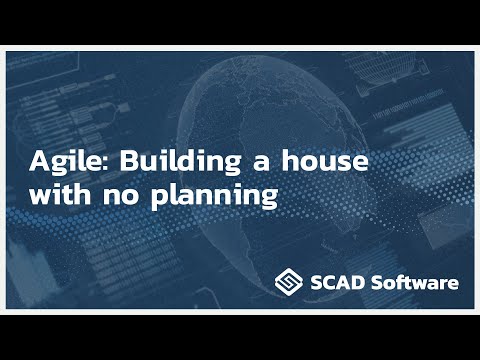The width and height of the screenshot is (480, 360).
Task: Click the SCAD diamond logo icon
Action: [290, 282]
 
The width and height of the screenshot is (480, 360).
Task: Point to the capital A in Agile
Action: [39, 160]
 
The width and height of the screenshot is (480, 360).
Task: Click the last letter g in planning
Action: [267, 199]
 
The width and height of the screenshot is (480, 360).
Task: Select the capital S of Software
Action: [376, 283]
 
